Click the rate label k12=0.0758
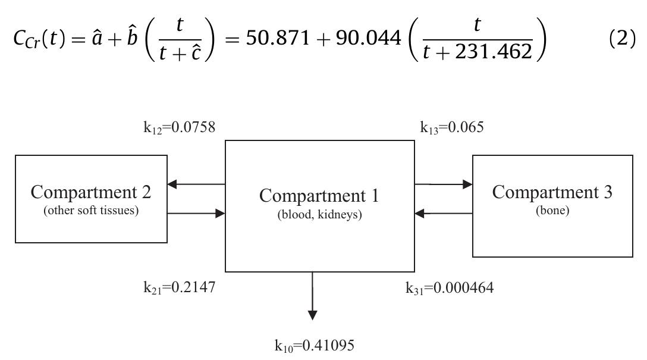[179, 127]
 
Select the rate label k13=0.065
[451, 127]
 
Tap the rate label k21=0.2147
[179, 288]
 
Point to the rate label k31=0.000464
[450, 288]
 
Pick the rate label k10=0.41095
[314, 345]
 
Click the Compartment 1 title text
[319, 195]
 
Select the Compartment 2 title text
[91, 192]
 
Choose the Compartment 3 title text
[552, 192]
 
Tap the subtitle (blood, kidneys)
[319, 215]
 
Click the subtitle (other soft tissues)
[91, 211]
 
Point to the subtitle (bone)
[552, 211]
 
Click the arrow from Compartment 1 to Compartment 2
[196, 184]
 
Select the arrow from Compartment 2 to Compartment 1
[196, 212]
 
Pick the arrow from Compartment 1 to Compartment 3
[444, 184]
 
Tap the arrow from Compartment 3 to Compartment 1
[444, 213]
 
